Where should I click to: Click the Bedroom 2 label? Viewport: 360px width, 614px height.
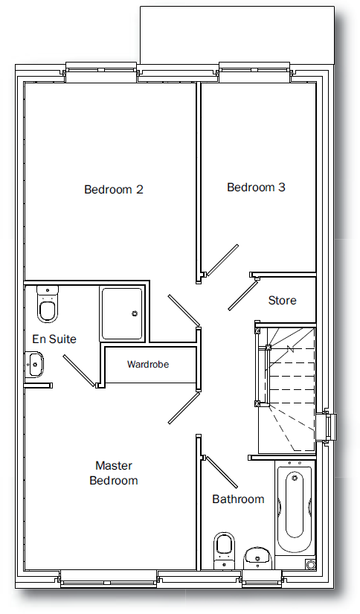[x=114, y=190]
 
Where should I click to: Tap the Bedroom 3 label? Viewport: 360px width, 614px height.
[x=256, y=187]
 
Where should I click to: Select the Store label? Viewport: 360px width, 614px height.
[x=282, y=301]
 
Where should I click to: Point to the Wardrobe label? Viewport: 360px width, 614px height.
[x=148, y=364]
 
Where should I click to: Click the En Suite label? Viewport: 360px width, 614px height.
[x=54, y=339]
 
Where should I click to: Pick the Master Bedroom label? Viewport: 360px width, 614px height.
[x=114, y=473]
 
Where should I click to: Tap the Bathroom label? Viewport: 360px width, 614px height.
[x=238, y=499]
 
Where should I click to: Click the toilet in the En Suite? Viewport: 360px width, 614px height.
[x=48, y=304]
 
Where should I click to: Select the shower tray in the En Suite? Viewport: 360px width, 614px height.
[x=122, y=313]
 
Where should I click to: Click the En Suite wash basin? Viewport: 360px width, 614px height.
[x=34, y=364]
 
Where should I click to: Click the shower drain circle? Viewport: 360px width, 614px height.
[x=135, y=313]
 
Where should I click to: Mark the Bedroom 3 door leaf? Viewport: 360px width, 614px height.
[x=222, y=260]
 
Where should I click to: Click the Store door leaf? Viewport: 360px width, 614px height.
[x=242, y=294]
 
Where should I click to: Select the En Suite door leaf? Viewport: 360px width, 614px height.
[x=79, y=371]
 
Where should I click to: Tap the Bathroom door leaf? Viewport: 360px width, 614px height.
[x=221, y=472]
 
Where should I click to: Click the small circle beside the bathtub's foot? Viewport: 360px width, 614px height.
[x=311, y=565]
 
